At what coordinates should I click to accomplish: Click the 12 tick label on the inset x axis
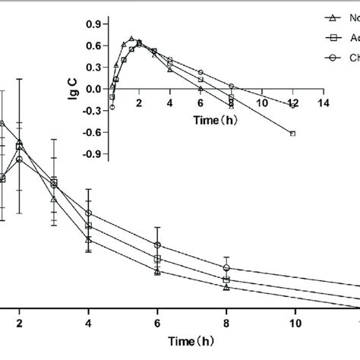click(292, 103)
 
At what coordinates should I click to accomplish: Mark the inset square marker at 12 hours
click(293, 134)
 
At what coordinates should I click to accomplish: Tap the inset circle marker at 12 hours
click(293, 106)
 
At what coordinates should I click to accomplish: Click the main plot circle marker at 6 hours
click(157, 245)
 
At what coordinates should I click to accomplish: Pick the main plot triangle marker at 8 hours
click(226, 287)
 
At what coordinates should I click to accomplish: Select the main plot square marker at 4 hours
click(89, 226)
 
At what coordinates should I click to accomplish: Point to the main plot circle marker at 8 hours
click(226, 268)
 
